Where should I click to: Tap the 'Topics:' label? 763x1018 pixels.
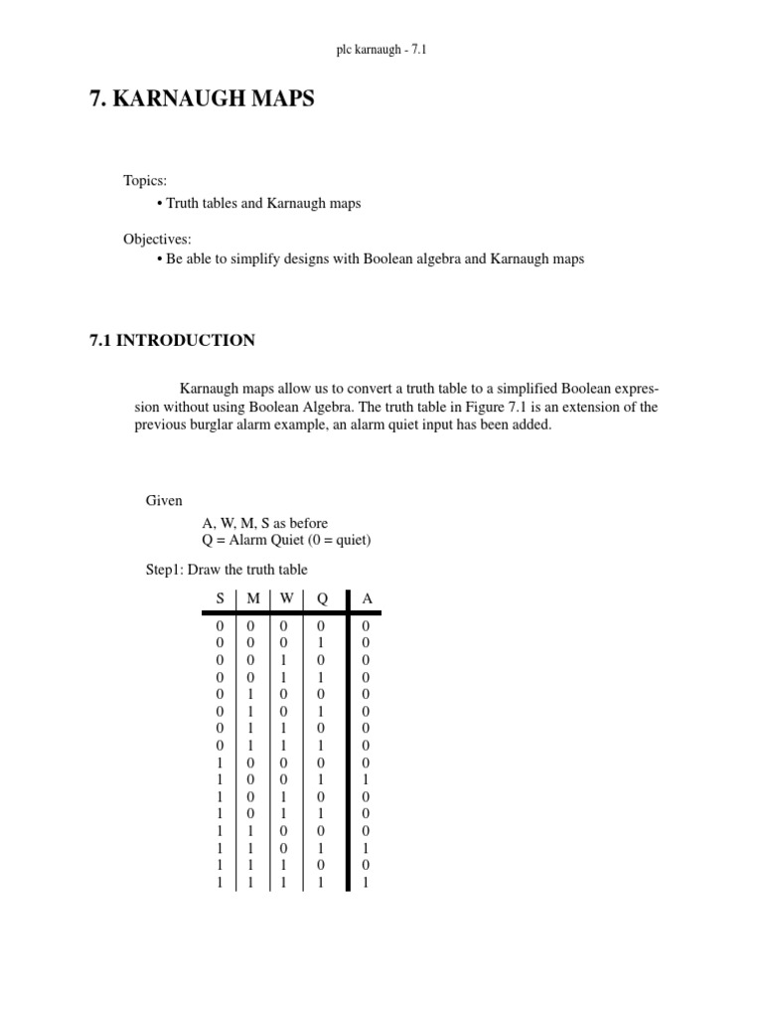145,180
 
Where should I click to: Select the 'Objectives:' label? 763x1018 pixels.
157,239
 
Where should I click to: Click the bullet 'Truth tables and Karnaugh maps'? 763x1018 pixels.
262,203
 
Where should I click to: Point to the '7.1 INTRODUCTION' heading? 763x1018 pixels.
172,340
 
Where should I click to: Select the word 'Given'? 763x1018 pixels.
164,500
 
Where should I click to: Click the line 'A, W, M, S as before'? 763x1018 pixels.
264,523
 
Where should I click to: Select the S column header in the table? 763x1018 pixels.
221,597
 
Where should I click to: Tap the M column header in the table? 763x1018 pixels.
252,597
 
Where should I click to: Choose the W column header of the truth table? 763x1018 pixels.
286,597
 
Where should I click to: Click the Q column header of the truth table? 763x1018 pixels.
321,597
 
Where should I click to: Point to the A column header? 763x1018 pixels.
367,597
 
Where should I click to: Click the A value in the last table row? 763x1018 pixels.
367,882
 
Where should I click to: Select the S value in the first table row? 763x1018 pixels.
220,626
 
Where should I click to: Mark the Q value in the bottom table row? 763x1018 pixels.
321,882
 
